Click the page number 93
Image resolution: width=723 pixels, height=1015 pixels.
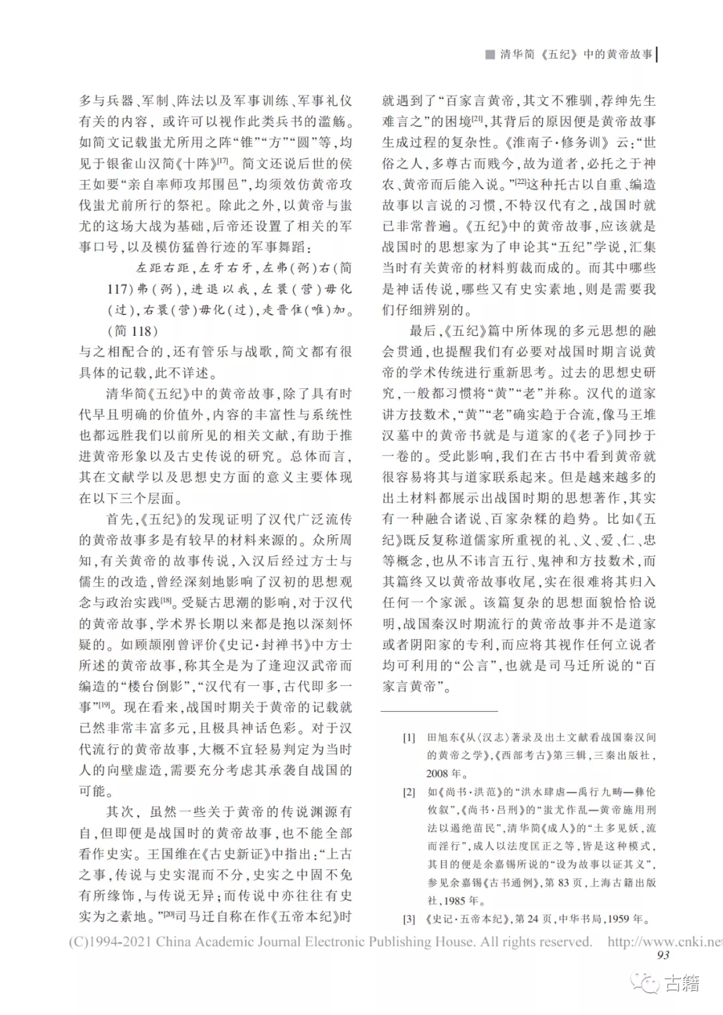pyautogui.click(x=663, y=955)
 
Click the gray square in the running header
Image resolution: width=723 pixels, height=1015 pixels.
pyautogui.click(x=490, y=54)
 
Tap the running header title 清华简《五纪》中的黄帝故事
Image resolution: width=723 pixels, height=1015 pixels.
pyautogui.click(x=576, y=54)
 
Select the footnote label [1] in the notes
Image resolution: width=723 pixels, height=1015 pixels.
pyautogui.click(x=409, y=737)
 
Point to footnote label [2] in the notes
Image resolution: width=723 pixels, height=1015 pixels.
pyautogui.click(x=409, y=792)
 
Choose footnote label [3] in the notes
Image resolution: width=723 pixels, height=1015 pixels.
pyautogui.click(x=409, y=919)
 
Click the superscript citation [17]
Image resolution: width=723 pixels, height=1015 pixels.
pyautogui.click(x=223, y=161)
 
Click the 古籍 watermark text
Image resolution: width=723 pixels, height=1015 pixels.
pyautogui.click(x=682, y=983)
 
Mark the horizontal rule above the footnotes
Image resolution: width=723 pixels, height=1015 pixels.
pyautogui.click(x=439, y=711)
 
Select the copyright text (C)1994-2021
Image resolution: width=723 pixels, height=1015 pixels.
pyautogui.click(x=110, y=941)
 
